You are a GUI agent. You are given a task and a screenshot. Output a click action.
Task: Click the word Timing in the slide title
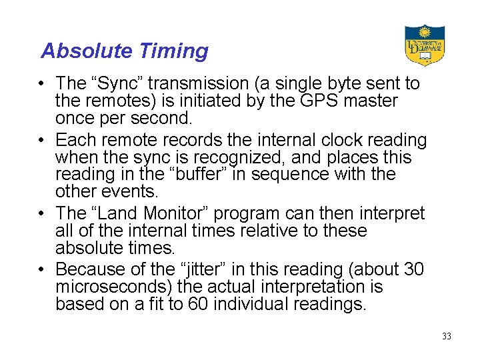point(175,51)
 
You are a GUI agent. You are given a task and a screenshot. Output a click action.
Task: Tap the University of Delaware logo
point(424,45)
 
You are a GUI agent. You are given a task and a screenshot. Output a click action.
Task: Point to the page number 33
point(446,336)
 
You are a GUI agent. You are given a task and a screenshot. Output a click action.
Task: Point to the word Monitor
point(176,213)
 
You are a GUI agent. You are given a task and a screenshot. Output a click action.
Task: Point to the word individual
point(257,305)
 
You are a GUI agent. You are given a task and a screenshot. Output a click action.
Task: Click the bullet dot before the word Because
point(42,269)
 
